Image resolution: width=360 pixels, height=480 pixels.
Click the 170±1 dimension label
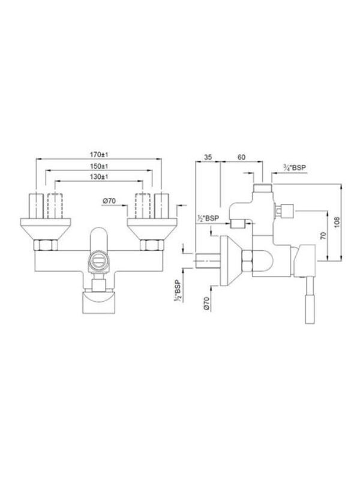pos(99,154)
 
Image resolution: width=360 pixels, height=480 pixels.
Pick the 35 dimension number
pos(208,157)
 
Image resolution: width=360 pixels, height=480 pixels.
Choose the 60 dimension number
pos(241,157)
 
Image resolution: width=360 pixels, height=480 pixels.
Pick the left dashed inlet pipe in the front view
pos(55,207)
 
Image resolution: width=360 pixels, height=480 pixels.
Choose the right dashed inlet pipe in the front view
pos(143,207)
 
